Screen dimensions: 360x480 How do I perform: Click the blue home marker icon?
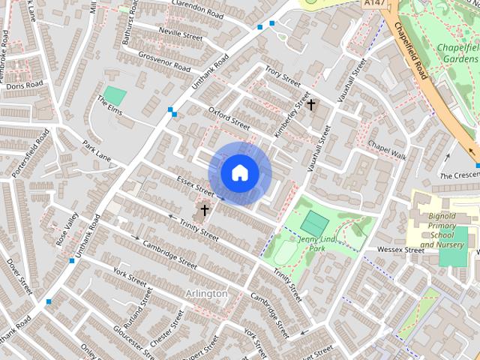click(239, 173)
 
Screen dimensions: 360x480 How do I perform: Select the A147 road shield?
click(370, 4)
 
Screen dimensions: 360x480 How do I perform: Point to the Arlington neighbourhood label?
click(205, 293)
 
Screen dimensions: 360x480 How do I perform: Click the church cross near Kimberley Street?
click(310, 105)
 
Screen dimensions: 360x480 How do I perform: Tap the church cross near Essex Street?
click(204, 210)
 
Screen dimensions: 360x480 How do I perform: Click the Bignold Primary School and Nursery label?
click(442, 229)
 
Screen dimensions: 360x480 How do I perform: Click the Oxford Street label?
click(229, 118)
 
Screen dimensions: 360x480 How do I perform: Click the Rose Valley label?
click(67, 231)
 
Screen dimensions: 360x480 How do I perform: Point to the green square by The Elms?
click(115, 95)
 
